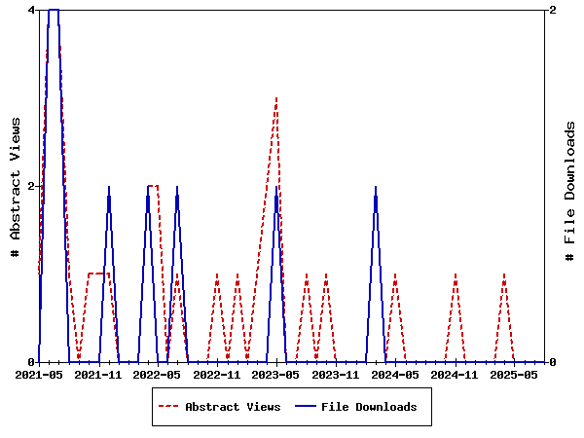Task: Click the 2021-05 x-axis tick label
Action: coord(39,374)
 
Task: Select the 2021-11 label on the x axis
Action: coord(98,374)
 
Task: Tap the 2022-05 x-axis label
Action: coord(158,374)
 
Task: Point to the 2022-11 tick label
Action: coord(217,374)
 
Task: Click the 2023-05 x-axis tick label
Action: coord(276,374)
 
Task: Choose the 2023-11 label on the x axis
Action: coord(336,374)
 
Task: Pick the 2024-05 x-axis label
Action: coord(395,374)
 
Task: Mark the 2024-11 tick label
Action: coord(455,374)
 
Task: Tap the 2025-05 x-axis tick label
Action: coord(514,374)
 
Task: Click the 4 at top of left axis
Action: coord(31,10)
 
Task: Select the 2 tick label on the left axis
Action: coord(31,186)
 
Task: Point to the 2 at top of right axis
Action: coord(553,10)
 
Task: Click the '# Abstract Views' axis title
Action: coord(15,186)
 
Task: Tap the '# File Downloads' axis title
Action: coord(570,186)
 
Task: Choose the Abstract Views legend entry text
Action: coord(233,407)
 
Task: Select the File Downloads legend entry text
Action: coord(369,407)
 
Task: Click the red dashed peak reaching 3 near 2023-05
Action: coord(277,98)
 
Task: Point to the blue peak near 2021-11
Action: coord(109,187)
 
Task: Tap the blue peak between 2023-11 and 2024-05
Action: coord(376,187)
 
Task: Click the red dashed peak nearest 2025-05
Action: coord(504,274)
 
